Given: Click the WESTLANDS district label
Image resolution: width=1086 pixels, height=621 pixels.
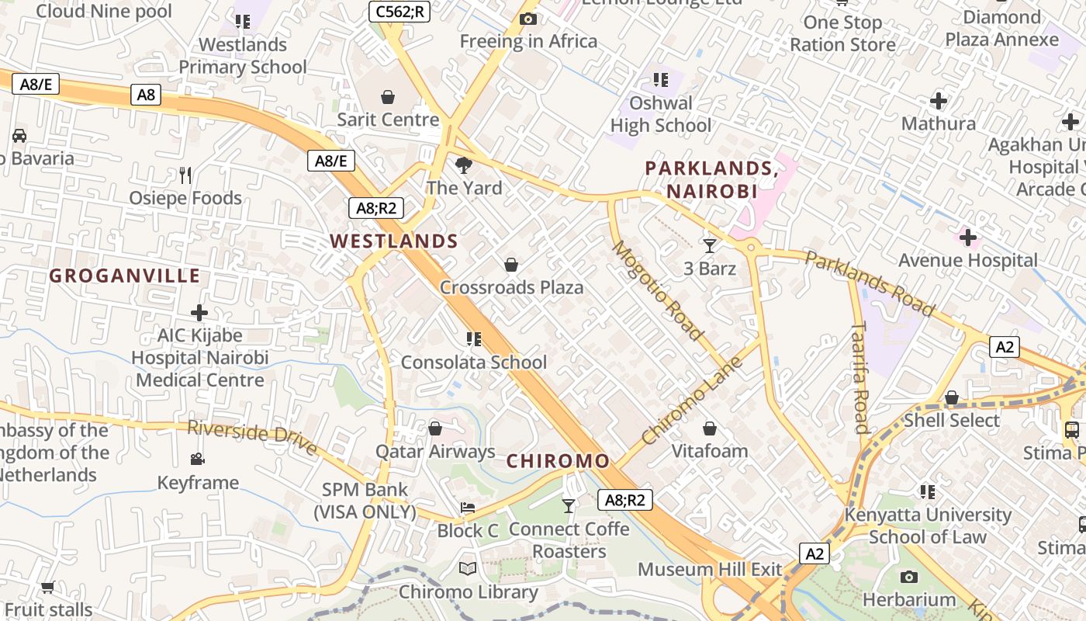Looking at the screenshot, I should [394, 241].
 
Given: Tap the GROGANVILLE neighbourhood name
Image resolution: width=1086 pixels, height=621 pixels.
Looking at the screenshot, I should [125, 276].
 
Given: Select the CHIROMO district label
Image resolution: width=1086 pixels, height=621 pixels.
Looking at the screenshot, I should [558, 461].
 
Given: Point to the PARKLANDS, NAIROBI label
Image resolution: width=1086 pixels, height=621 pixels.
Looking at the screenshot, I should [711, 179].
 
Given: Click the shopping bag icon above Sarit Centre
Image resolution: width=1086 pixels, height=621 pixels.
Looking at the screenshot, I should [388, 97].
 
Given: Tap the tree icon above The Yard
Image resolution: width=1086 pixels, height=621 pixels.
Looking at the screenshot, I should [464, 165].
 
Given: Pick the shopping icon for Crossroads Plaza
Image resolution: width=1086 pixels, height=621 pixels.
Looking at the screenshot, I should [511, 265].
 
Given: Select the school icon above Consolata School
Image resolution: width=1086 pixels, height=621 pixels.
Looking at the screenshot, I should [473, 339].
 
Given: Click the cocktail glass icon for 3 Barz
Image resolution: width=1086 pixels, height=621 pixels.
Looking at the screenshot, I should [710, 246].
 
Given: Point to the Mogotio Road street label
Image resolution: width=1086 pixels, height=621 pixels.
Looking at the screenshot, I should [658, 290].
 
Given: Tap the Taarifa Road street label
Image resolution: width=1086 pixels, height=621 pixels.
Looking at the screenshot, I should [859, 377].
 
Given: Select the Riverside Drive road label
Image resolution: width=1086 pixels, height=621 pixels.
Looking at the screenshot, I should [253, 438].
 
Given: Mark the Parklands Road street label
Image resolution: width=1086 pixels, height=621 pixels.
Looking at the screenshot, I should [869, 283].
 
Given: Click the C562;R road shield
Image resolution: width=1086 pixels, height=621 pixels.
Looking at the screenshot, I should [399, 12].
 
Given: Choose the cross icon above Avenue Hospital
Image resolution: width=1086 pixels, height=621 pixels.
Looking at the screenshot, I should [968, 238].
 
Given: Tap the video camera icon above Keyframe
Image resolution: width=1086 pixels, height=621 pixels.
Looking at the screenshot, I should [198, 460].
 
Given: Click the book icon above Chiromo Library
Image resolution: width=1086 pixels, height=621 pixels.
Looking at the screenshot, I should [468, 569].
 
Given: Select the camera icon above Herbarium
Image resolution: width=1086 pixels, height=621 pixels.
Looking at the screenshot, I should [909, 577].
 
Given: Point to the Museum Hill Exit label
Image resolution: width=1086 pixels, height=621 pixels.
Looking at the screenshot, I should [710, 569].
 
